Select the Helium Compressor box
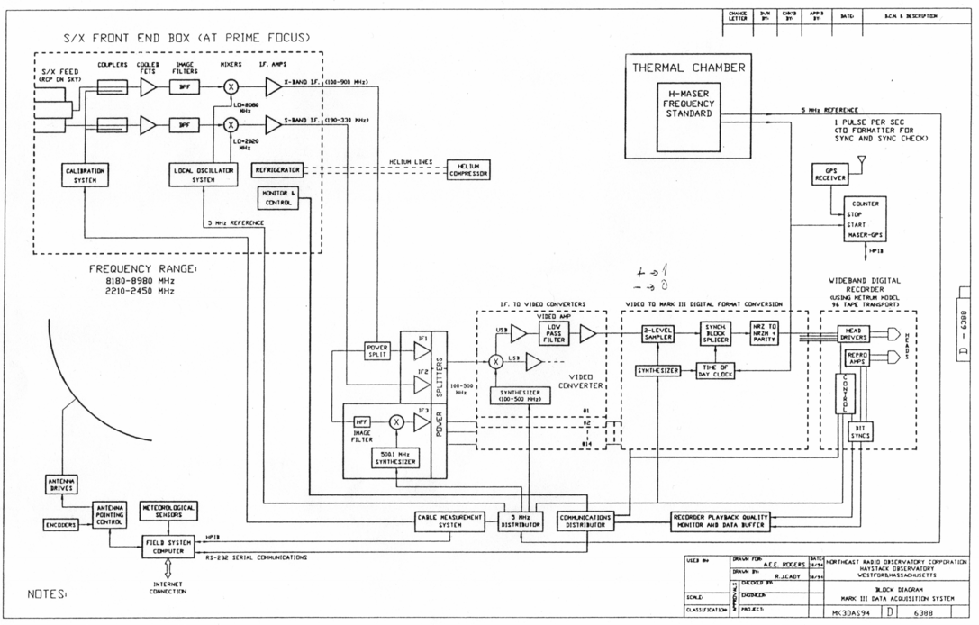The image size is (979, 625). (468, 168)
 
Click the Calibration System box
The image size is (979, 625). (84, 175)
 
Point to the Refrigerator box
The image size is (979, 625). (277, 169)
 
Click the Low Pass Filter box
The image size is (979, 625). (555, 333)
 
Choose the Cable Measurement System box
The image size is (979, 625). (449, 521)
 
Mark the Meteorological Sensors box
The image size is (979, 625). (168, 512)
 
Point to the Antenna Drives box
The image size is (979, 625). (62, 485)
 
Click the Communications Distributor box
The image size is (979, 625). (585, 521)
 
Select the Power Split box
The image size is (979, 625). (376, 351)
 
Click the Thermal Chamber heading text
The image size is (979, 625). (688, 68)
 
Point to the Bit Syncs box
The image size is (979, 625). (860, 430)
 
